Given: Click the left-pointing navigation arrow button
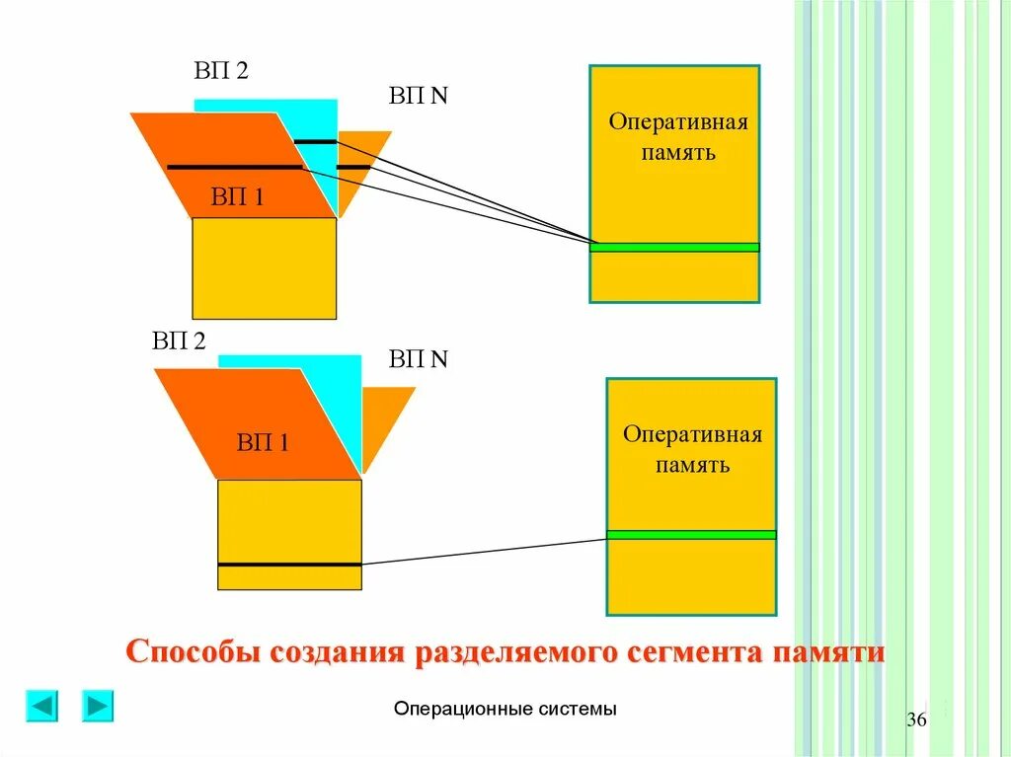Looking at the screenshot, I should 41,706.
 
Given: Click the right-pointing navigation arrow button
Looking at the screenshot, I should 98,706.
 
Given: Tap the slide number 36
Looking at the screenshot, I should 916,719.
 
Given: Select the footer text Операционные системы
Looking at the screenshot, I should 505,709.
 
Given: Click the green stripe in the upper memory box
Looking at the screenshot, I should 674,247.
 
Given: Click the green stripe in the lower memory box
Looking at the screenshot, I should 691,535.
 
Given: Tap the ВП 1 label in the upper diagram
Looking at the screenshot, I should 237,197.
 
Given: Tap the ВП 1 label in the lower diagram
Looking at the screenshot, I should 263,442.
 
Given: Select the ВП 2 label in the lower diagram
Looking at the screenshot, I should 179,341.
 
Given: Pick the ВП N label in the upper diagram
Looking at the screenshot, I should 419,97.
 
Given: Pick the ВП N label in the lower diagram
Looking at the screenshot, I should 419,358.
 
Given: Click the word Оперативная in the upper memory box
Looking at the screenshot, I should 677,123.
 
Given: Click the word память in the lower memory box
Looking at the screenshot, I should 692,464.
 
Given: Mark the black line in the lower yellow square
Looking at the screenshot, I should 289,565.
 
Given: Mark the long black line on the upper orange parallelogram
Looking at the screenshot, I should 234,167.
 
